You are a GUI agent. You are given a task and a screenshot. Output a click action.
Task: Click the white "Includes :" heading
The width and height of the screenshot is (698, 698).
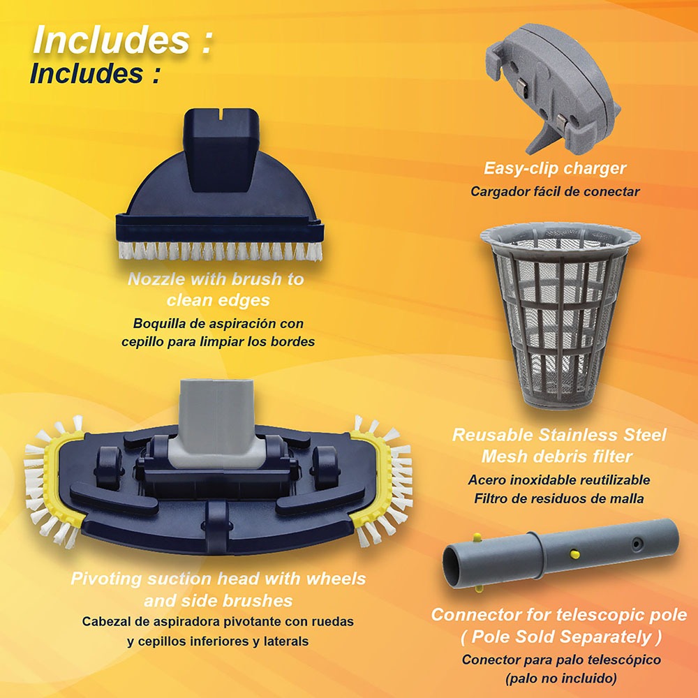pos(123,40)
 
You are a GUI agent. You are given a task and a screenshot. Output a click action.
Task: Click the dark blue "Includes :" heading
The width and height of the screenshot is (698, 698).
pos(95,73)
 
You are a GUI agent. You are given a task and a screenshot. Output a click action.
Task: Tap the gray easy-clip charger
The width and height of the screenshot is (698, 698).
pos(552,87)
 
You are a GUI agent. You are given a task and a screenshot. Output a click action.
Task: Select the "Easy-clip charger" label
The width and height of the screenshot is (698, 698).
pos(555,168)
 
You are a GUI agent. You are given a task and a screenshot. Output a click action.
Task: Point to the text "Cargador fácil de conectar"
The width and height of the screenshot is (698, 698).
pos(555,191)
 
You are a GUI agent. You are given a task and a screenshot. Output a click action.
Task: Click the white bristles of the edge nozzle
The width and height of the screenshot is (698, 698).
pos(220,251)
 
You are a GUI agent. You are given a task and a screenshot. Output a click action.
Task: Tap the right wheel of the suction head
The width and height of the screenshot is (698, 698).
pos(325,468)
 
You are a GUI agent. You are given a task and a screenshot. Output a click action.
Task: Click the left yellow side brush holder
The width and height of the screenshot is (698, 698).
pos(60,481)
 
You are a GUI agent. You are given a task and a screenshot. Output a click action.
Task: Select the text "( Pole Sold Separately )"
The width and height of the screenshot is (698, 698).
pos(560,637)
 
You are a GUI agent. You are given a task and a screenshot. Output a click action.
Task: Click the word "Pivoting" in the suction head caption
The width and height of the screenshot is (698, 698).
pos(105,579)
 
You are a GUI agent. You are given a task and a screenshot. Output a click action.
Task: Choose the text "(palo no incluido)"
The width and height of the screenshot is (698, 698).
pos(561,678)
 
